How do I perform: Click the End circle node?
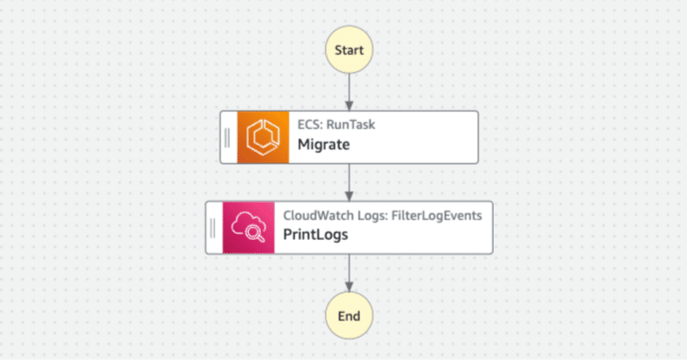point(349,316)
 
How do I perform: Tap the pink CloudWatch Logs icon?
point(248,228)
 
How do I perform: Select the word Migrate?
point(323,144)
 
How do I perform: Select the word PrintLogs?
point(316,235)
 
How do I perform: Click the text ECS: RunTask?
point(336,124)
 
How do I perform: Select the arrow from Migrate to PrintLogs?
point(349,180)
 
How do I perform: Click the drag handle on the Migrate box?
point(228,136)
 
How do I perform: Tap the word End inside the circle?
point(349,316)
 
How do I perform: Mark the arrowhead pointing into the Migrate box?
point(349,105)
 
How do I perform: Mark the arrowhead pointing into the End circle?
point(349,287)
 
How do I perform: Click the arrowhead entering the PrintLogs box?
point(349,196)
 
